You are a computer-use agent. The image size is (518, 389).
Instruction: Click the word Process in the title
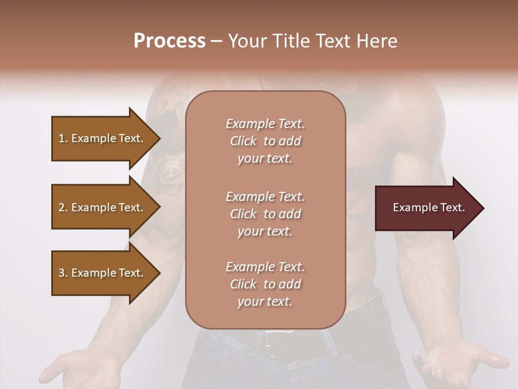tap(169, 41)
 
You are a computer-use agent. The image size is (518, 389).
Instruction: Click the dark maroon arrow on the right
tap(426, 208)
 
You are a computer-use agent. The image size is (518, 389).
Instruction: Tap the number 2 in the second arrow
tap(62, 207)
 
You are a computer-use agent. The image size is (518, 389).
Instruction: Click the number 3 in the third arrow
tap(62, 273)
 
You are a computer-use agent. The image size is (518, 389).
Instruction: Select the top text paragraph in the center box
tap(265, 141)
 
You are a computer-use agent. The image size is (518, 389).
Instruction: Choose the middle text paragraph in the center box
tap(265, 214)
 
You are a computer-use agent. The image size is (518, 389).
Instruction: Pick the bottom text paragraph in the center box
tap(265, 284)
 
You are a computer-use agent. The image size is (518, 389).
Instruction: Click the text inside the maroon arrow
tap(428, 207)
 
